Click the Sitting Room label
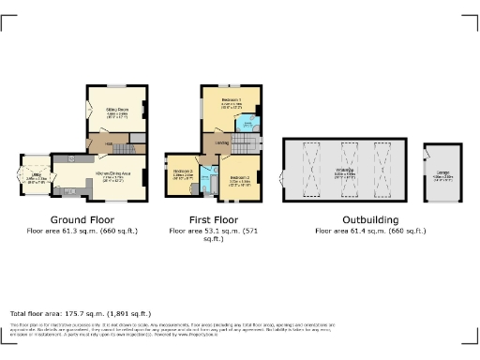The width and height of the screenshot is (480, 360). pyautogui.click(x=116, y=112)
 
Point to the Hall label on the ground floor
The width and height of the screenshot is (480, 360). pyautogui.click(x=108, y=142)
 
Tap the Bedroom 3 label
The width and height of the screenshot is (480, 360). pyautogui.click(x=183, y=172)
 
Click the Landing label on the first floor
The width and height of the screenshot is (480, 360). pyautogui.click(x=222, y=142)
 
